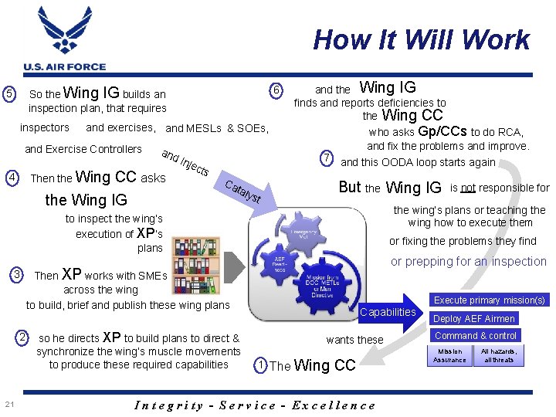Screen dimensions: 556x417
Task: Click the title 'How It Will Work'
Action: point(422,39)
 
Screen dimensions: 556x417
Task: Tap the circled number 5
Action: point(9,93)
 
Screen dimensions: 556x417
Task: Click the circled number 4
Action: point(13,178)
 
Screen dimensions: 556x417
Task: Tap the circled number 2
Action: point(23,337)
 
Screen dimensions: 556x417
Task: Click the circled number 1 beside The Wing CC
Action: point(262,365)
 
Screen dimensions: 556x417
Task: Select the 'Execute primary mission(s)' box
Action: point(489,300)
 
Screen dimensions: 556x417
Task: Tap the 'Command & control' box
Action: point(475,336)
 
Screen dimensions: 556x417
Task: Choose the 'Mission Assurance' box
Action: point(449,356)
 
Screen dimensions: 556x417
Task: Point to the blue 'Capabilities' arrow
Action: point(388,312)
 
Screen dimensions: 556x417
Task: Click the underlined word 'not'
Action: point(468,187)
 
